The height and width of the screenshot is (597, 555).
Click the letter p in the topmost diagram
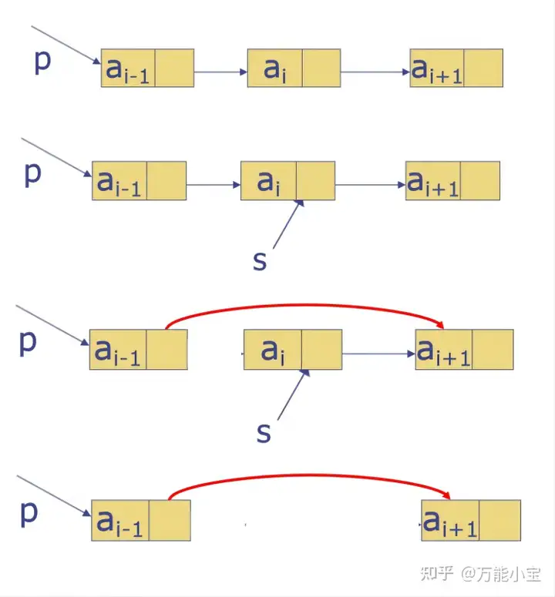42,61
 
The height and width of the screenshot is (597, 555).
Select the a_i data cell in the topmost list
274,68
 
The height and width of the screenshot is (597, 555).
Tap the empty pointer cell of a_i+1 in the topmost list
483,68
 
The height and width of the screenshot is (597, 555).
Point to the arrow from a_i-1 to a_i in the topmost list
220,72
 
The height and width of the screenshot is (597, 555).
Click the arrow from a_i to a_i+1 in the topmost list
375,72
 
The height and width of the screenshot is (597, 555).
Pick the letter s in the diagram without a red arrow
260,261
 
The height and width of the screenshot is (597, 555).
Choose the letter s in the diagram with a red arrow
264,433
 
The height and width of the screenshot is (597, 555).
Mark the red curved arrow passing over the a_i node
308,306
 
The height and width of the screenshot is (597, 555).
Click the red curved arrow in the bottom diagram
308,478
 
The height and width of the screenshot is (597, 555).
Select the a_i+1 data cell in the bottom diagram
450,520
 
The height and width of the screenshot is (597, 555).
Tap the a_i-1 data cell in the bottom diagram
119,520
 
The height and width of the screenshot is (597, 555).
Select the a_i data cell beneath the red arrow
272,350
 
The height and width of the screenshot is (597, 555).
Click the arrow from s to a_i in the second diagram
287,226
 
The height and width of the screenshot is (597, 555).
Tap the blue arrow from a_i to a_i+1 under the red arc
378,354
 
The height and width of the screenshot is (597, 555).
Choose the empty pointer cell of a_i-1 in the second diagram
166,181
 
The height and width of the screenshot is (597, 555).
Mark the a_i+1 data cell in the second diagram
433,181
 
